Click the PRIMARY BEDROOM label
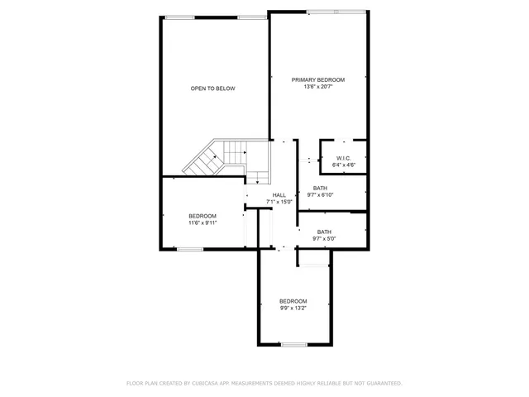tap(318, 79)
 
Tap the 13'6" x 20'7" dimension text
tap(318, 87)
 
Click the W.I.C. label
tap(345, 158)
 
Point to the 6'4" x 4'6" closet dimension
tap(345, 165)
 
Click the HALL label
tap(279, 194)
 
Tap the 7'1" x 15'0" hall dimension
tap(279, 202)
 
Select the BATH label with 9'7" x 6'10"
tap(320, 188)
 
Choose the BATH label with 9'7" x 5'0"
tap(324, 232)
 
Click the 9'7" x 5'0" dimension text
tap(324, 239)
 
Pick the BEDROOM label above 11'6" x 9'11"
tap(203, 216)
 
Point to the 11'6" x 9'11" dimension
tap(203, 223)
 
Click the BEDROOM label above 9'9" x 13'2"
tap(293, 301)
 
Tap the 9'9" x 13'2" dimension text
tap(293, 309)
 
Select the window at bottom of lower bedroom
tap(293, 344)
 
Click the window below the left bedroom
tap(189, 249)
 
